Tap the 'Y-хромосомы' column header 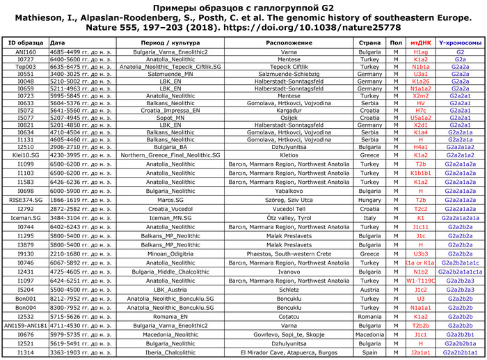(x=460, y=42)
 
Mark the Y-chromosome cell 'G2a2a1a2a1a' (x=460, y=218)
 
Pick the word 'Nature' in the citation (x=99, y=27)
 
